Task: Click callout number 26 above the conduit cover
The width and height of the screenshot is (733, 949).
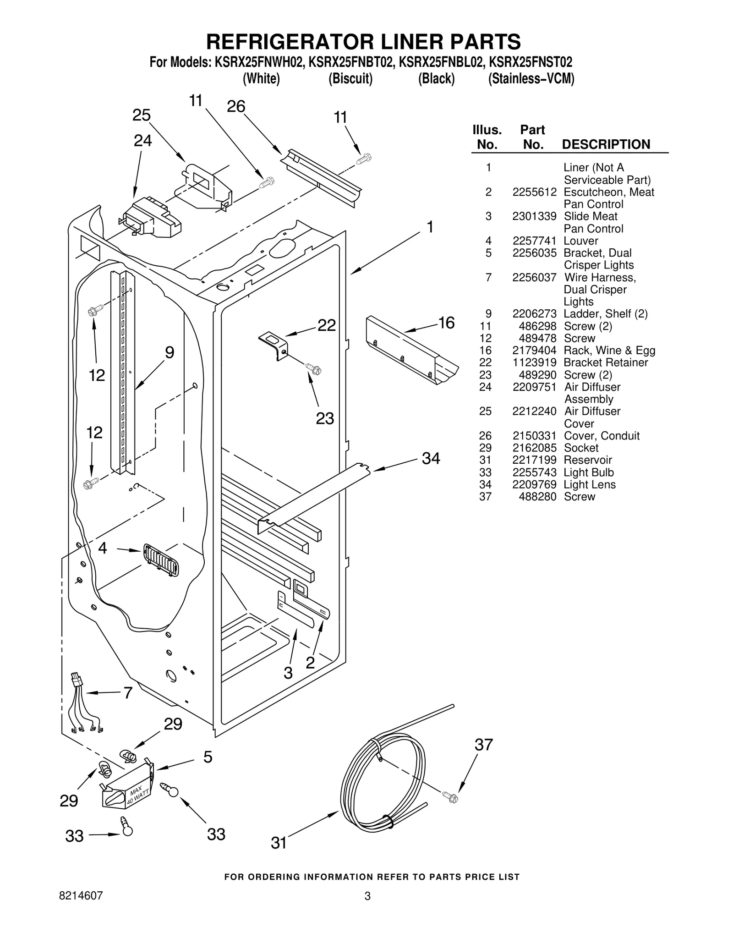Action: click(236, 106)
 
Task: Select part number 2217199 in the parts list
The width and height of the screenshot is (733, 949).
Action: click(534, 460)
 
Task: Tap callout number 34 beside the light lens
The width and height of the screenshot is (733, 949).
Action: click(431, 458)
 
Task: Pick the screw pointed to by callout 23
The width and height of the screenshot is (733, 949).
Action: click(313, 368)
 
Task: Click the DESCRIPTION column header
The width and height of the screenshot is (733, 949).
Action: click(606, 144)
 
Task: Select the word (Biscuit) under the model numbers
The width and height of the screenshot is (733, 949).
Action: click(350, 79)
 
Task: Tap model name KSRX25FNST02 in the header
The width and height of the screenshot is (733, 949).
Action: click(531, 62)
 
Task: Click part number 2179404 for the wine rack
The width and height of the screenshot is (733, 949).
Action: click(534, 351)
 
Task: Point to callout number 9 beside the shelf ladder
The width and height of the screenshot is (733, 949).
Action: click(170, 352)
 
